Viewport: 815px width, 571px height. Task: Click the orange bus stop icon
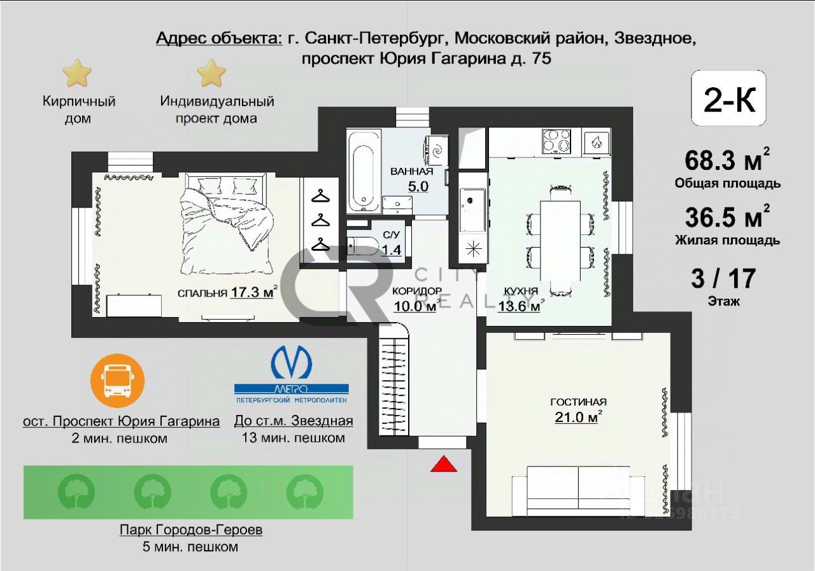pyautogui.click(x=118, y=381)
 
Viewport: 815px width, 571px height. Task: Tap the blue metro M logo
pyautogui.click(x=291, y=362)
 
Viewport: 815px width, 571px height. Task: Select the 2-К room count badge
pyautogui.click(x=728, y=98)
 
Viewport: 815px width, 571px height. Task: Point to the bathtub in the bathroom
pyautogui.click(x=364, y=172)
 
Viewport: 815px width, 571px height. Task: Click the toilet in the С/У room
pyautogui.click(x=362, y=246)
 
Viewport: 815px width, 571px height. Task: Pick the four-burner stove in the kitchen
pyautogui.click(x=556, y=141)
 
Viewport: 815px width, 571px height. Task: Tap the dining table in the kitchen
pyautogui.click(x=560, y=241)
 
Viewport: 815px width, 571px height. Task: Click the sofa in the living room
pyautogui.click(x=578, y=491)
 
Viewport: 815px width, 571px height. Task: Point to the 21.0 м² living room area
pyautogui.click(x=578, y=417)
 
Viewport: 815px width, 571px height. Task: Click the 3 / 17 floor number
pyautogui.click(x=723, y=278)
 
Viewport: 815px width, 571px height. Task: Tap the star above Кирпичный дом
pyautogui.click(x=77, y=73)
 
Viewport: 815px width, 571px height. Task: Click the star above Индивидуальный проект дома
pyautogui.click(x=211, y=73)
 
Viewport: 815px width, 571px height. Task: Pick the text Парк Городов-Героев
pyautogui.click(x=191, y=530)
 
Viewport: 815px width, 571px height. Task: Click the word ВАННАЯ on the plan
pyautogui.click(x=412, y=171)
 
